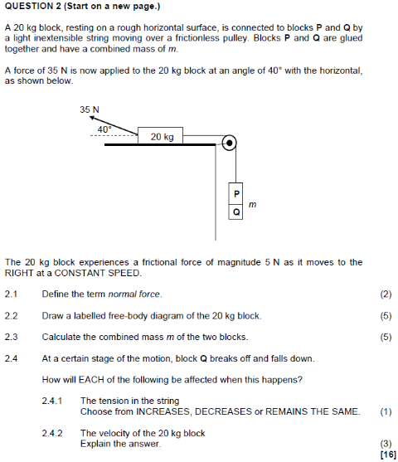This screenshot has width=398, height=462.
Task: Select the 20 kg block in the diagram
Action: click(162, 136)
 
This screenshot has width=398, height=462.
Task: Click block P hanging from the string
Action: click(236, 193)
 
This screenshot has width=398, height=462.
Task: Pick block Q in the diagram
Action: click(236, 212)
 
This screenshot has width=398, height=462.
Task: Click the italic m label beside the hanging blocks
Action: click(252, 202)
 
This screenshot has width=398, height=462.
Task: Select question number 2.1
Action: click(11, 294)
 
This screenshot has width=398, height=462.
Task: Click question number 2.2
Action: click(11, 315)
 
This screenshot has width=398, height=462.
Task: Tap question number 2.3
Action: click(11, 337)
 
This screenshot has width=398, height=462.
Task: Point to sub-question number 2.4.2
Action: click(52, 433)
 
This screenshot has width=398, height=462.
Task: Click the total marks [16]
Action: click(385, 454)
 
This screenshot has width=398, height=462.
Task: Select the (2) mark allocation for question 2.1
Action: click(385, 294)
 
